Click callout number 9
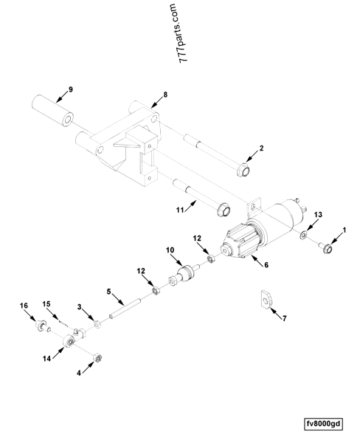71,89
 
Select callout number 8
165,95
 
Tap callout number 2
260,148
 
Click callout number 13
319,213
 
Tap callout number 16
24,304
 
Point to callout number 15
45,304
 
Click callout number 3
79,306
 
